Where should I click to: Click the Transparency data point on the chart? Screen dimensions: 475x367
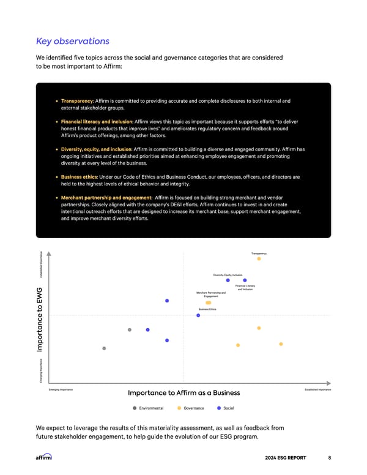point(259,258)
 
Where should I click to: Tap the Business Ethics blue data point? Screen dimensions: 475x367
point(198,315)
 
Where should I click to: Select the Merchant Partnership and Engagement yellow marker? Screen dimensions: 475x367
point(209,302)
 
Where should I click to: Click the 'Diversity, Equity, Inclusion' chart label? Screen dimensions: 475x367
point(228,275)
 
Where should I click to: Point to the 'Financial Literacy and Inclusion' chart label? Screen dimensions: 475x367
point(245,287)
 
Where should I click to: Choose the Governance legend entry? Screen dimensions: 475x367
point(193,408)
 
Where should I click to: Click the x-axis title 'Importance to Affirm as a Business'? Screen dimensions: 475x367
point(183,393)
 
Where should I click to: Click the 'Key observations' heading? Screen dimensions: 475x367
point(73,42)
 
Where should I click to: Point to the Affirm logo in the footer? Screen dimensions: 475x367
point(44,457)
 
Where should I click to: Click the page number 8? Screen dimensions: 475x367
point(330,457)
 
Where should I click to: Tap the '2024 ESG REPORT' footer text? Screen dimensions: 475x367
point(289,457)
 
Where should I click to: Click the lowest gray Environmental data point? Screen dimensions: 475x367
point(104,348)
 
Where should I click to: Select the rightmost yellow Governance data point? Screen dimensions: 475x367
point(281,344)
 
